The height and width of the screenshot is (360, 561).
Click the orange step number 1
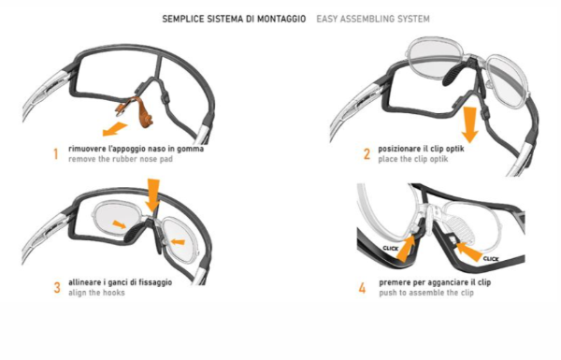point(56,154)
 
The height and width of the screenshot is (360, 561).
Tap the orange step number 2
point(367,154)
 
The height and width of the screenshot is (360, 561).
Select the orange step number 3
point(57,288)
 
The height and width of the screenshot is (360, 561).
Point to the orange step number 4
point(363,288)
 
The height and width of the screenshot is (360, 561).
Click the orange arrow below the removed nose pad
point(115,129)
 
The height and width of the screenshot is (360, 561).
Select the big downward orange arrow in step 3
point(152,195)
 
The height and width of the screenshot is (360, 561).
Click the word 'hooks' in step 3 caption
point(114,293)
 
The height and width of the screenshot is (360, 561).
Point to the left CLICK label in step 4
point(390,248)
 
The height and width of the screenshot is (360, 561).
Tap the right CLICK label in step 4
point(491,259)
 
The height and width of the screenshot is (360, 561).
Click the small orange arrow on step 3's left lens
point(119,224)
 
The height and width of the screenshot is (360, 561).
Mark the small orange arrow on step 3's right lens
point(178,242)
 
